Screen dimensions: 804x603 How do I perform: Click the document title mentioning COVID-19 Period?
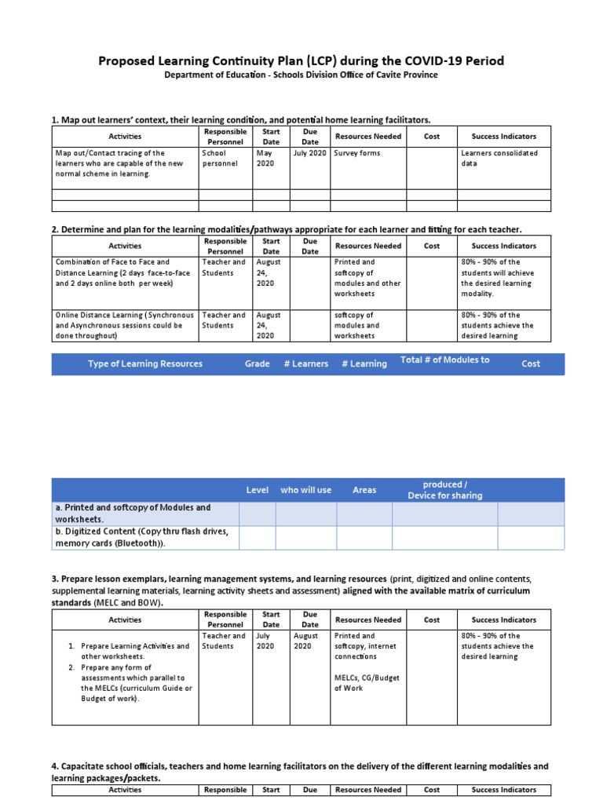coord(301,60)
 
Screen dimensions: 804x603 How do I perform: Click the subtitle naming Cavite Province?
coord(301,75)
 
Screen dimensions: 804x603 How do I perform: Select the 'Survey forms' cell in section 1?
coord(357,153)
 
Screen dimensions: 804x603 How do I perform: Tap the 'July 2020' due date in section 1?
coord(309,153)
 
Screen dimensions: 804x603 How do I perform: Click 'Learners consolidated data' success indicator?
coord(499,158)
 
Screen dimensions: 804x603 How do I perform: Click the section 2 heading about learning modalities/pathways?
coord(287,228)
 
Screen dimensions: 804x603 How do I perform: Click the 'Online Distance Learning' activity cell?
coord(124,325)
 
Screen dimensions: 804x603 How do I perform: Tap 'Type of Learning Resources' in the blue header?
coord(145,364)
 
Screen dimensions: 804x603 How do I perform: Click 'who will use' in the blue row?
coord(305,490)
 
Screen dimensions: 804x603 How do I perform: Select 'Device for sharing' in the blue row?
coord(444,495)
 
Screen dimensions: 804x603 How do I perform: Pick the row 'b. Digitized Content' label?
coord(141,537)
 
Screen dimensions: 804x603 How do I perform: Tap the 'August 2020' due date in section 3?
coord(305,641)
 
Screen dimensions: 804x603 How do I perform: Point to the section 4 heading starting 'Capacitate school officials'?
coord(300,771)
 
